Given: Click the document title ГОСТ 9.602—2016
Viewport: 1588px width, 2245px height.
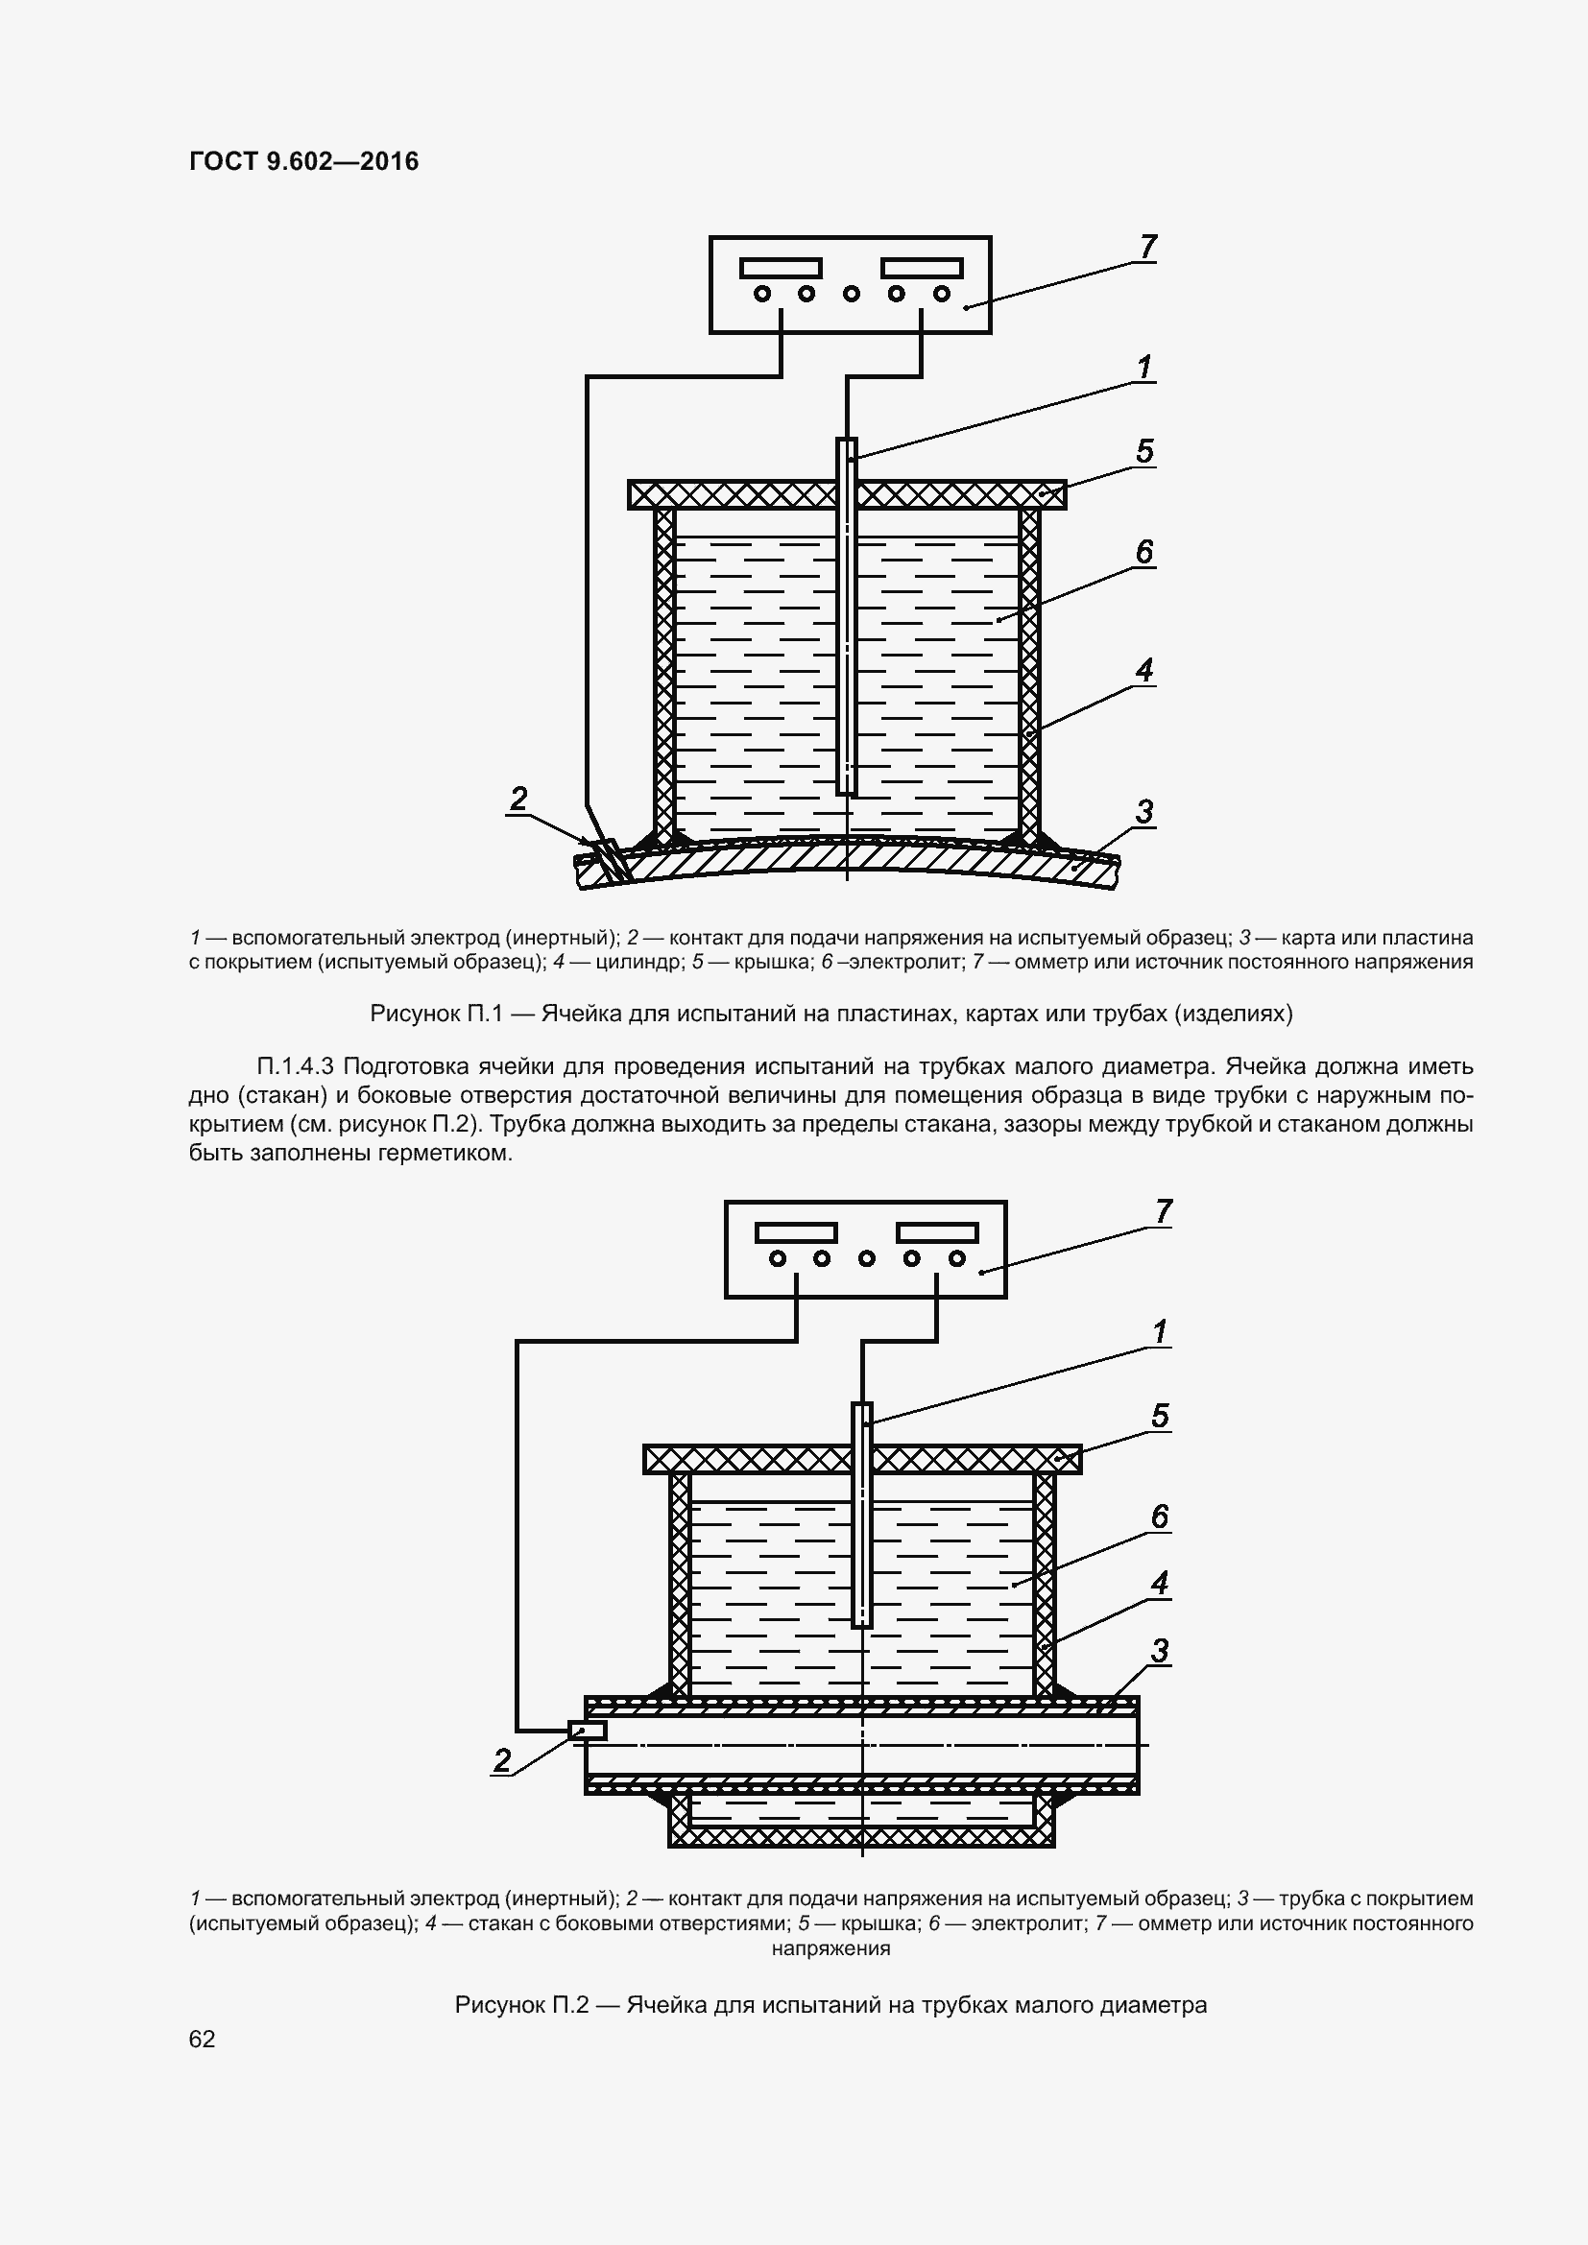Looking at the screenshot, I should point(303,161).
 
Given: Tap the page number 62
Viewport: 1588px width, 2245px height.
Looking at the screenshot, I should point(203,2039).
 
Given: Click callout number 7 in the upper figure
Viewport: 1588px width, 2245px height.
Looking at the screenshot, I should point(1148,248).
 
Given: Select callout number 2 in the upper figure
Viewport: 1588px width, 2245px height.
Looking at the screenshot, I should point(518,799).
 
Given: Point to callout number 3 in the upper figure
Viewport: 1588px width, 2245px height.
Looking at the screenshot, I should point(1144,812).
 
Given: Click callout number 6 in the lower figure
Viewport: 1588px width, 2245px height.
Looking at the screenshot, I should point(1160,1517).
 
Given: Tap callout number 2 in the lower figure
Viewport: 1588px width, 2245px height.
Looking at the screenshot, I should point(501,1761).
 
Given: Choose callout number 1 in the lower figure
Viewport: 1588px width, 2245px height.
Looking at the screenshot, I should point(1160,1332).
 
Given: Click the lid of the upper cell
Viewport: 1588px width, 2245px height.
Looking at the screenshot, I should point(743,494).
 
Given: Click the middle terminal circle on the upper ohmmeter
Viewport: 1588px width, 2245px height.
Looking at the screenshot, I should point(851,294).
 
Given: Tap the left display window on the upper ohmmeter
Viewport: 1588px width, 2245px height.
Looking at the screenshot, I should point(781,268).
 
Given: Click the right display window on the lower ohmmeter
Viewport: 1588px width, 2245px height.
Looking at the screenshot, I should point(938,1233).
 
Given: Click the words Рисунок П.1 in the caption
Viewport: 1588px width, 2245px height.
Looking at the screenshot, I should point(435,1014).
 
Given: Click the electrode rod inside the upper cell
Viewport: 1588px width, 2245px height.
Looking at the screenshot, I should point(847,626).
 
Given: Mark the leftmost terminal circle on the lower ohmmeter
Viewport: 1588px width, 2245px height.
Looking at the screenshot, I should point(778,1258).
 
